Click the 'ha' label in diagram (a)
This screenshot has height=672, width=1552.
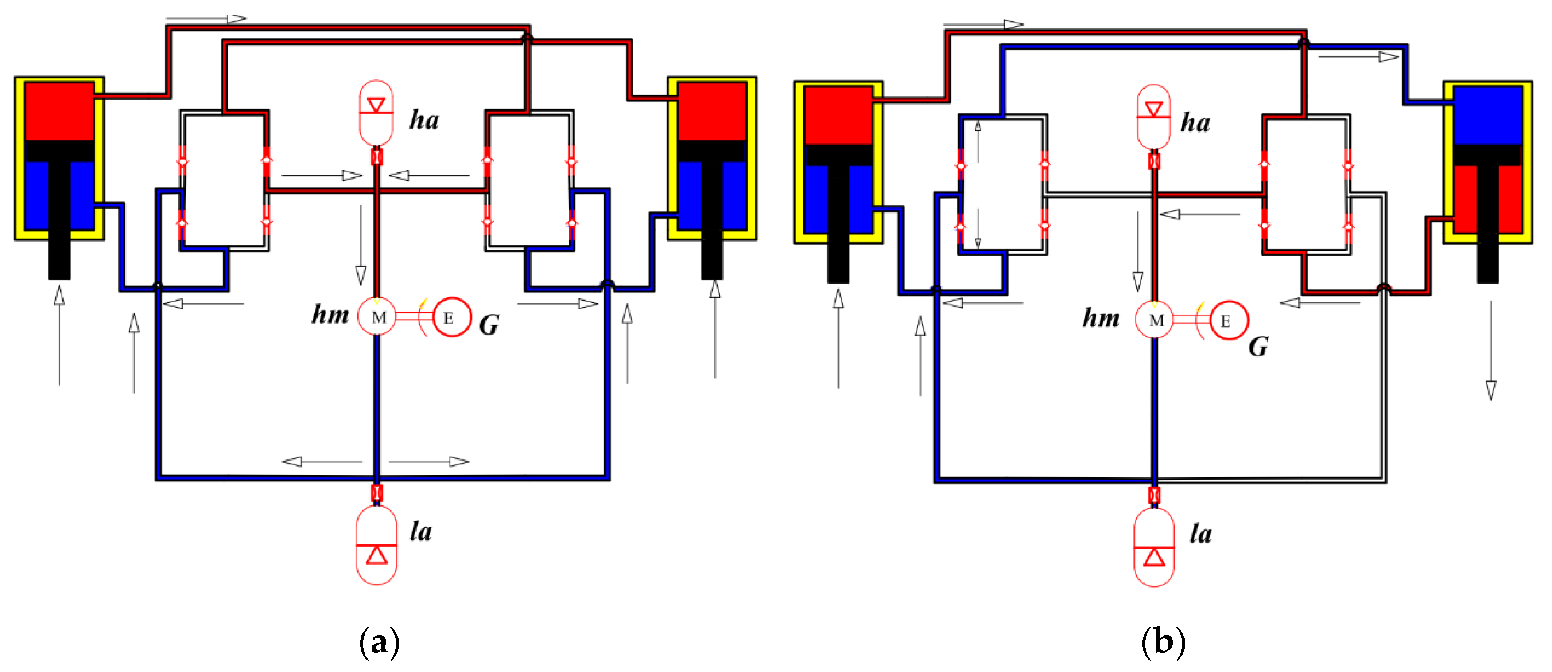click(424, 120)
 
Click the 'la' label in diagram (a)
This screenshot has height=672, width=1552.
click(420, 531)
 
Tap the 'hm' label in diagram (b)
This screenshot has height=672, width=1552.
click(1101, 318)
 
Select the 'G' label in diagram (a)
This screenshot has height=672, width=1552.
click(489, 325)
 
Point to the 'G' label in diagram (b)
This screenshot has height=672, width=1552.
click(1258, 347)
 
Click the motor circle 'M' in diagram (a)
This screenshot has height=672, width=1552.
click(378, 317)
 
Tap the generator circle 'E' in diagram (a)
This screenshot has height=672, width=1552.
click(450, 318)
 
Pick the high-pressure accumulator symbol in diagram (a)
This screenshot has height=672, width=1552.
click(376, 113)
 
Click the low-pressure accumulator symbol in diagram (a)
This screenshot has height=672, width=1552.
click(376, 545)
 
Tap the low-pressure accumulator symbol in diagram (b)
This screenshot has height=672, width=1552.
click(1154, 547)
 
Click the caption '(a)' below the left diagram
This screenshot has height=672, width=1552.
click(379, 642)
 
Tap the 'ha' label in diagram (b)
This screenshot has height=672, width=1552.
click(1195, 122)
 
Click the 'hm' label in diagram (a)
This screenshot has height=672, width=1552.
click(330, 315)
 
